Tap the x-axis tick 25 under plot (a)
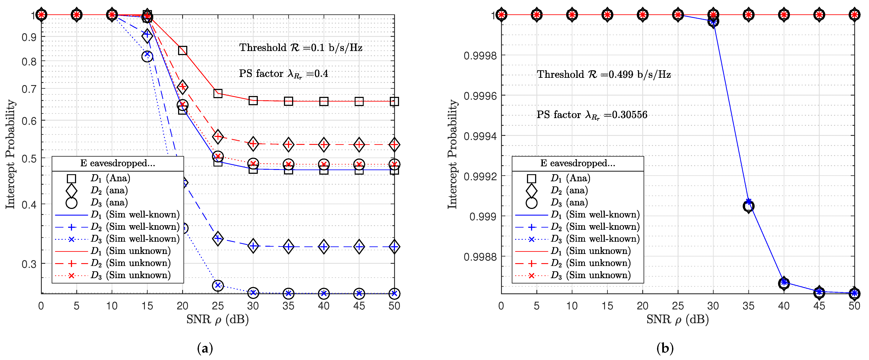[218, 306]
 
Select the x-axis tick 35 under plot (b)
[748, 306]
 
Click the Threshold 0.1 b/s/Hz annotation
[301, 48]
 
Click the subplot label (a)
[205, 348]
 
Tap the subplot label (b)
[665, 348]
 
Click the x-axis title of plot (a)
[218, 319]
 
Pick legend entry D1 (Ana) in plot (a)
[110, 178]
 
